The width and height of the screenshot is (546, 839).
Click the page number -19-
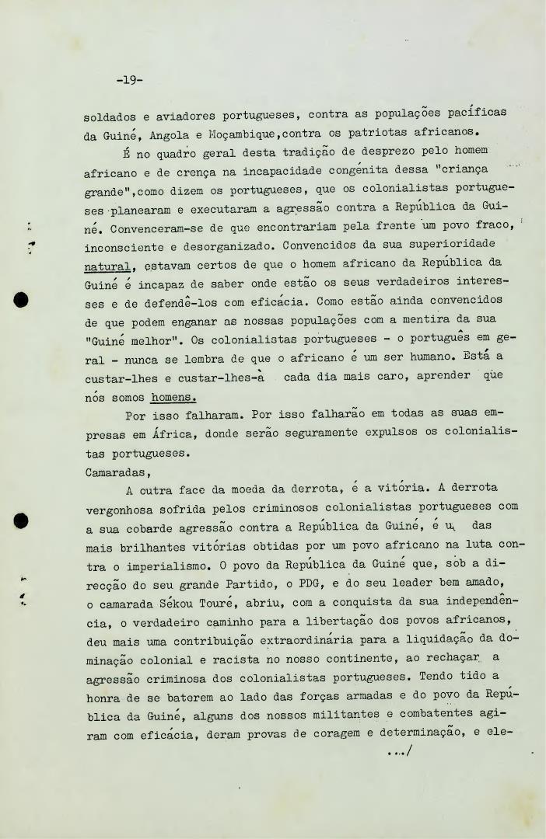pyautogui.click(x=128, y=80)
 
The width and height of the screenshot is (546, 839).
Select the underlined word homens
pyautogui.click(x=173, y=396)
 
